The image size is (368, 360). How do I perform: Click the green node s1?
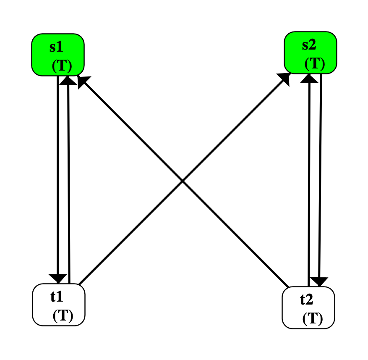click(58, 55)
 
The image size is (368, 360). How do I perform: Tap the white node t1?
click(59, 305)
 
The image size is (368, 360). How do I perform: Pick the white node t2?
click(308, 308)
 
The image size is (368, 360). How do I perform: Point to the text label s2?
click(310, 45)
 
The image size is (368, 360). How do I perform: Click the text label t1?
click(57, 297)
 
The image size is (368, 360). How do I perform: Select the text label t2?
click(307, 300)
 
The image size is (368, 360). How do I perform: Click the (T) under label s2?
click(315, 63)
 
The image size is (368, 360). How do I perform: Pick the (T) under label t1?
click(63, 315)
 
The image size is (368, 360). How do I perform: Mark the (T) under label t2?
click(313, 319)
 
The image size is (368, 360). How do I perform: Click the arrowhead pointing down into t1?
click(58, 278)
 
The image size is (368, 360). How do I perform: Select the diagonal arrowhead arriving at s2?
click(284, 78)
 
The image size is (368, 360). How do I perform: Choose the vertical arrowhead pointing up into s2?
click(309, 77)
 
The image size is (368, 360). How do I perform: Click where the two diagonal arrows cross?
click(183, 181)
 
